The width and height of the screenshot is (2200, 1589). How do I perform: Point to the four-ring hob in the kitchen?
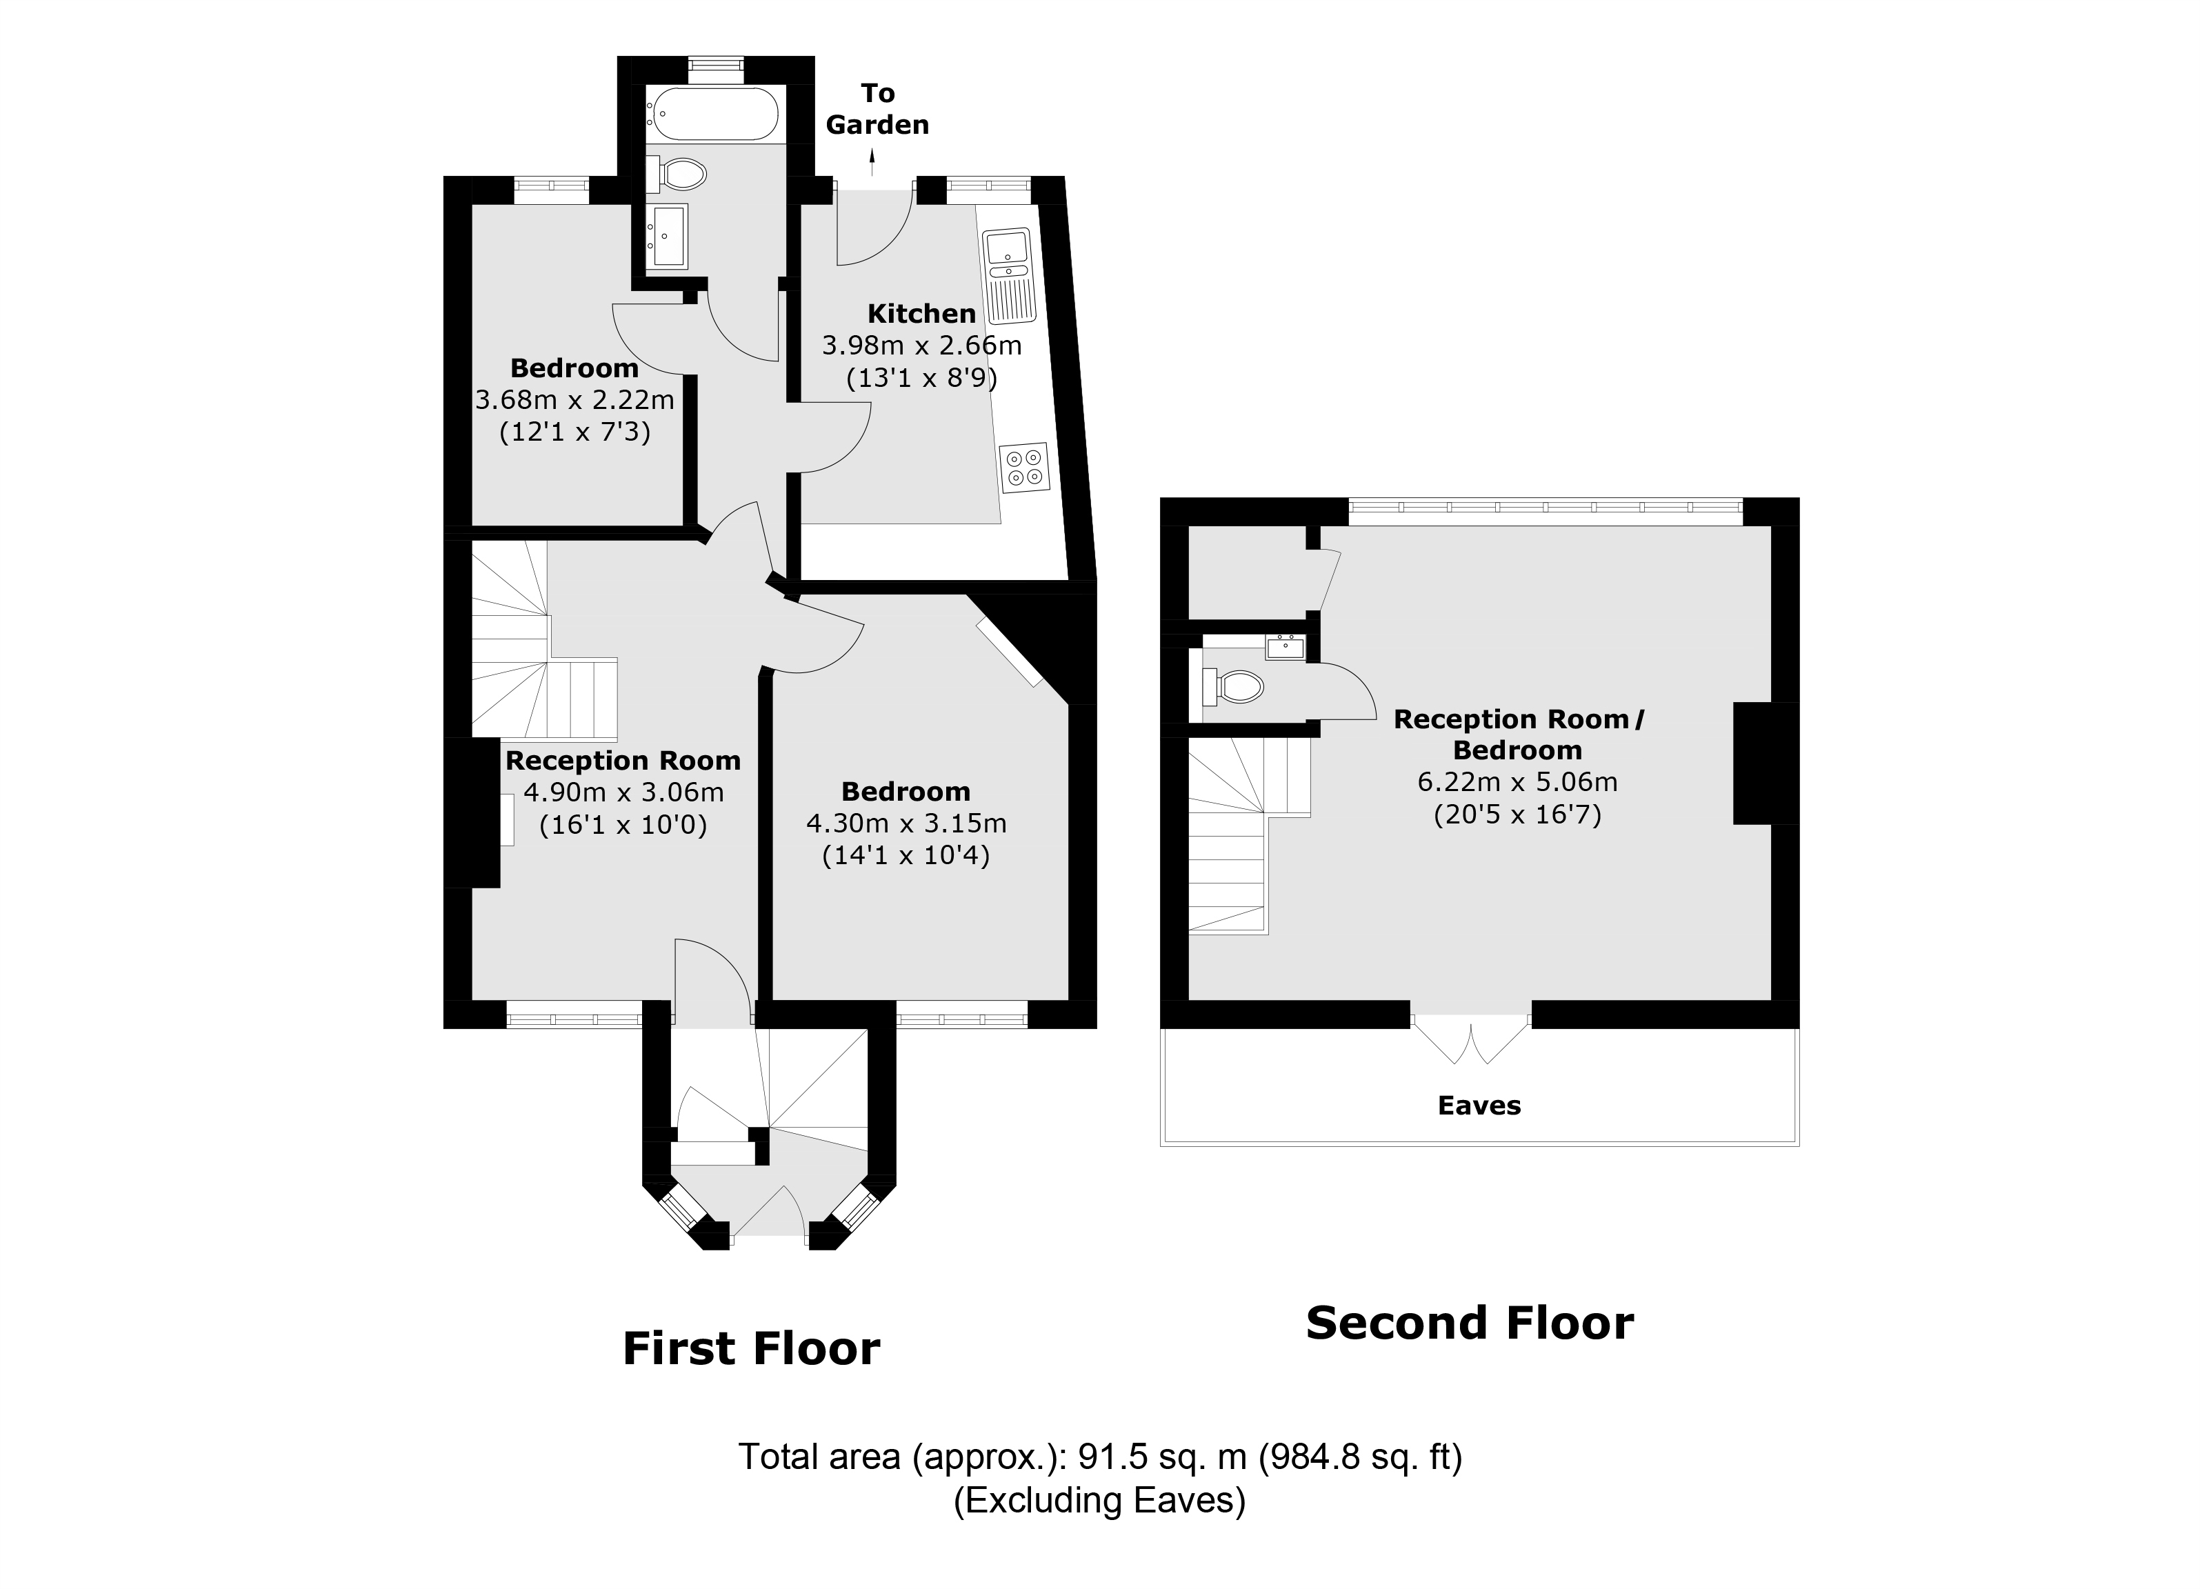coord(1024,467)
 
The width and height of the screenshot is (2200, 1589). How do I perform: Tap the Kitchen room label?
coord(921,313)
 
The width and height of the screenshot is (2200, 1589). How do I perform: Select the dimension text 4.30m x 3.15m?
coord(906,823)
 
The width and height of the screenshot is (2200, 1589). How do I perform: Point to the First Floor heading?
coord(751,1348)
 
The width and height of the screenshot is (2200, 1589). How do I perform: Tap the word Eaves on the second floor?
coord(1479,1105)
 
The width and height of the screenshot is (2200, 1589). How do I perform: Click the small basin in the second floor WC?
coord(1286,646)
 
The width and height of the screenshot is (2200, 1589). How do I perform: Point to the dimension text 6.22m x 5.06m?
coord(1517,782)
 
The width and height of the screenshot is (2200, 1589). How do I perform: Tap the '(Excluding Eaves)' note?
coord(1099,1500)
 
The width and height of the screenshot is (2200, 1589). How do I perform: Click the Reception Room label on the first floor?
coord(623,761)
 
